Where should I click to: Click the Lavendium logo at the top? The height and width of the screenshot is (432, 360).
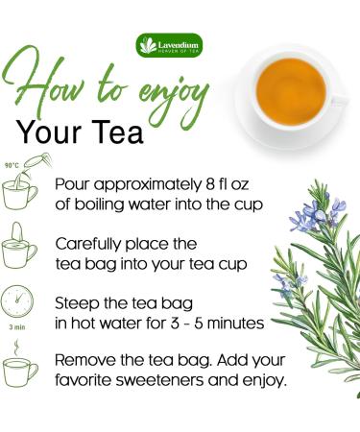pyautogui.click(x=169, y=45)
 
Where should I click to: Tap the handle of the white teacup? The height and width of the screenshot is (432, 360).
pyautogui.click(x=338, y=96)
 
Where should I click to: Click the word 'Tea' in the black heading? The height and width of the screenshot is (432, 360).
pyautogui.click(x=118, y=132)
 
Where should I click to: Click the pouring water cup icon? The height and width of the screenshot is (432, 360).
pyautogui.click(x=22, y=188)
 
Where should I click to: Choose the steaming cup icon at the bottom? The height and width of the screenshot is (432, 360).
pyautogui.click(x=21, y=371)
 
